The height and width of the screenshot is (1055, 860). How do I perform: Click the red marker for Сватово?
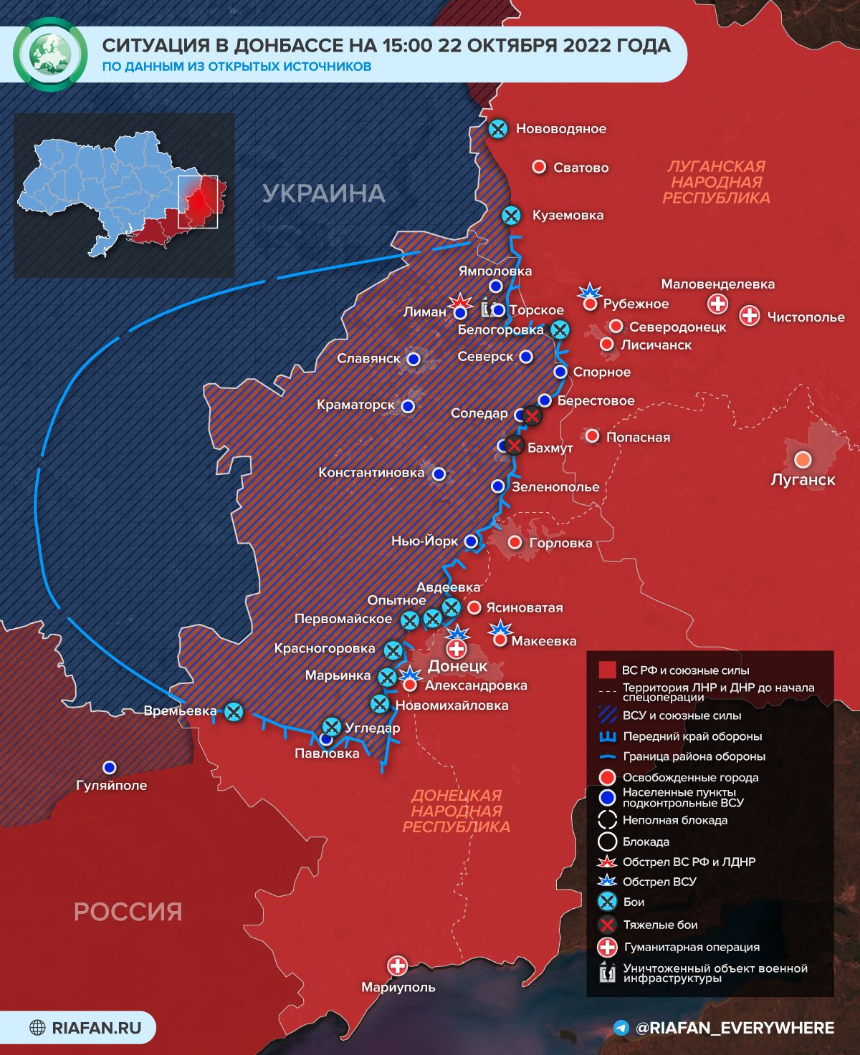point(539,167)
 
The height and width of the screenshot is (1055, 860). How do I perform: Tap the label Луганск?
point(803,480)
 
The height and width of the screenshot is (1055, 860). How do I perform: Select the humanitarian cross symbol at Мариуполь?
point(397,965)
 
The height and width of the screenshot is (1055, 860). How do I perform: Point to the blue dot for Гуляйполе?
point(109,767)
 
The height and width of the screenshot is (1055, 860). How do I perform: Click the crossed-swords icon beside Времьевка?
point(234,712)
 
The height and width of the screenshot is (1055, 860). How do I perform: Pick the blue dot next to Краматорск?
point(408,406)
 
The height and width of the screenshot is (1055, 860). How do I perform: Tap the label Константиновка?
point(371,473)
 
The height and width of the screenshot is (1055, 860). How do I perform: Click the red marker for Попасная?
point(592,435)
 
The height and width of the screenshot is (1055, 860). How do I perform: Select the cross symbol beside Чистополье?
point(750,315)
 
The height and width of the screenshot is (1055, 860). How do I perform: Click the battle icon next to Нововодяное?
point(497,129)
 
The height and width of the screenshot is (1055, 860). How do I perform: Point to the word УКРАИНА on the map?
point(324,193)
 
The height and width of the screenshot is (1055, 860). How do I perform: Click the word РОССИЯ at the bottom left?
point(128,912)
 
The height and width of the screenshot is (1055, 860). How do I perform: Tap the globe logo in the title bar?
point(50,54)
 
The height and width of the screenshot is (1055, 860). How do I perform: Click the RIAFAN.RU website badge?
point(85,1028)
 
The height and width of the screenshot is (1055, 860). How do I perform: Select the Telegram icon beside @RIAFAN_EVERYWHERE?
point(622,1028)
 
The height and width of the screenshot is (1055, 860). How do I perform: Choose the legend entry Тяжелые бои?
point(660,925)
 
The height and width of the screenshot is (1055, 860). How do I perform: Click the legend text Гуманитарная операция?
point(691,947)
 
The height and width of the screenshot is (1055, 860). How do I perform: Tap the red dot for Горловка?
point(515,542)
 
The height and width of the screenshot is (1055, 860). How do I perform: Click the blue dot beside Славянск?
point(413,360)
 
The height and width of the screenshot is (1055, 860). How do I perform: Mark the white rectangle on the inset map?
point(198,201)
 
